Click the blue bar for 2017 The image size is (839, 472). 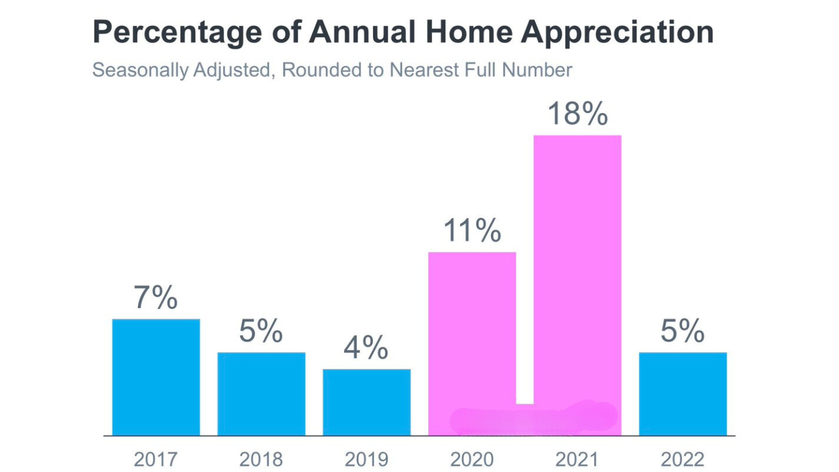click(156, 377)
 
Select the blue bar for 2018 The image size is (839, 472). click(262, 394)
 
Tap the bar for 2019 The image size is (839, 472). click(367, 403)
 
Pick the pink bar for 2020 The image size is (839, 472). click(472, 344)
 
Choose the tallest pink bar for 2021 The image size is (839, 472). click(577, 285)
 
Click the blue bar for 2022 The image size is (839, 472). click(683, 394)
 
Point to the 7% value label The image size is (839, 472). click(155, 297)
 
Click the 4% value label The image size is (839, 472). click(366, 347)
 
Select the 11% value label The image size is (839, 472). click(472, 230)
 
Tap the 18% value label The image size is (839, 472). click(577, 113)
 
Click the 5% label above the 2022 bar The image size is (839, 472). click(682, 331)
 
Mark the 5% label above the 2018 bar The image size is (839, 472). click(260, 331)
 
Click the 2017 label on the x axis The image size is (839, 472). click(155, 459)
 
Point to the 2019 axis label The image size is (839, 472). click(366, 459)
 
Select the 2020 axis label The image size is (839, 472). click(472, 459)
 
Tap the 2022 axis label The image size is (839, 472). click(682, 459)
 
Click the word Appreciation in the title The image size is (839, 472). click(617, 33)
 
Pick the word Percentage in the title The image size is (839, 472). click(177, 33)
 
